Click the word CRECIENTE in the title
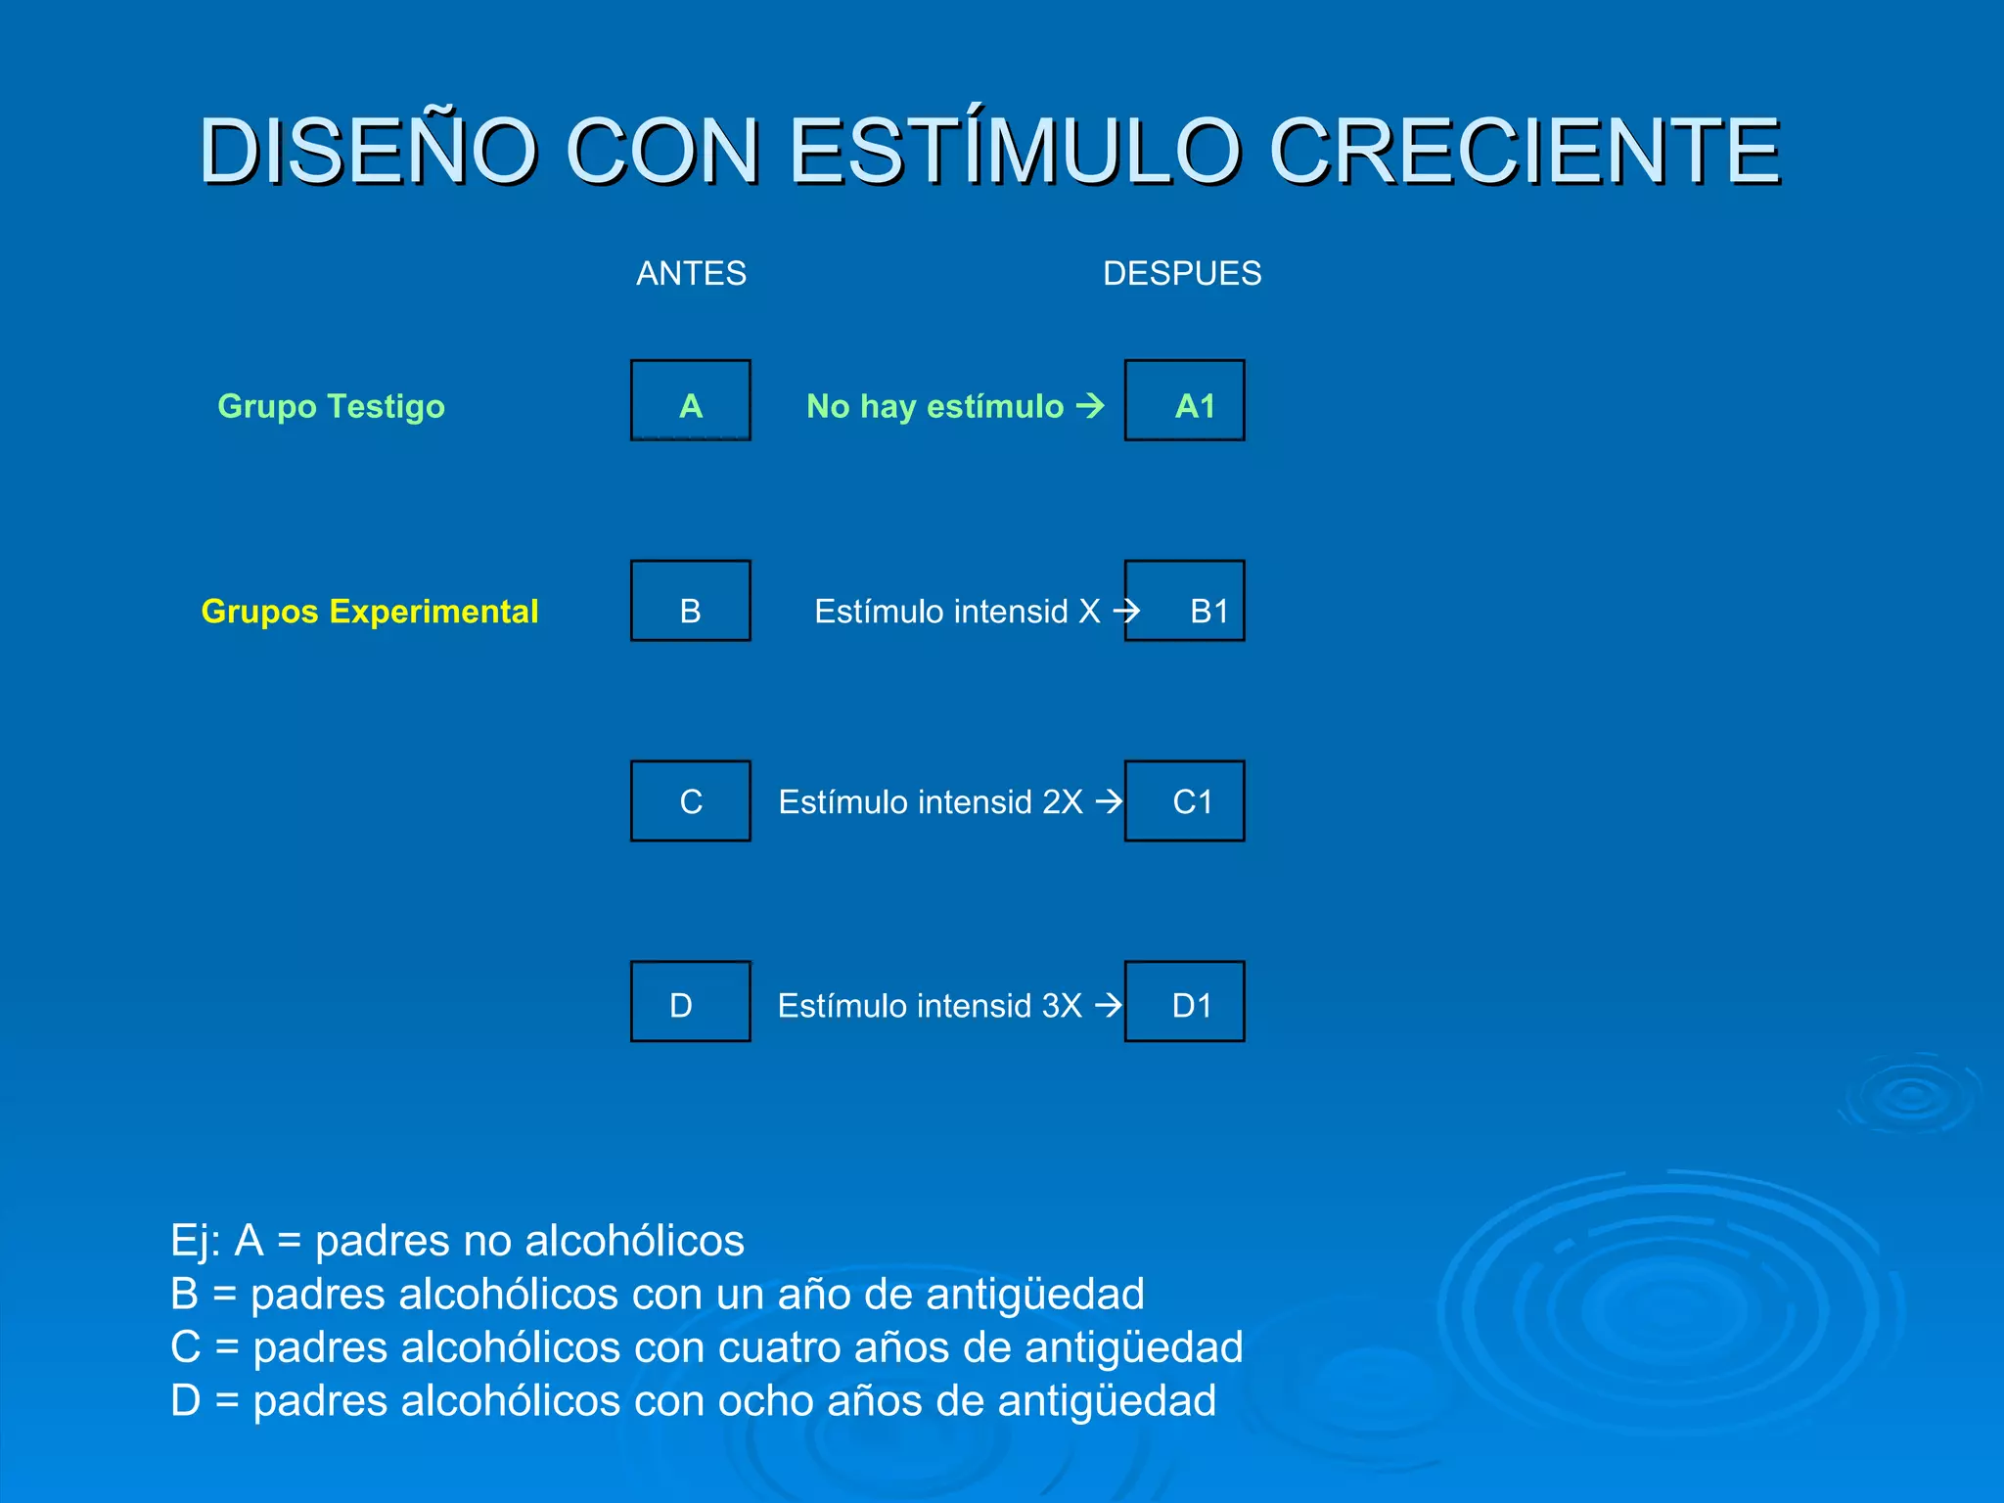coord(1524,151)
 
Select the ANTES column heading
coord(691,273)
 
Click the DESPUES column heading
coord(1181,273)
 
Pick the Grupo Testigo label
coord(331,406)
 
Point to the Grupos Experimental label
coord(369,612)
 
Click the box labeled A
coord(691,400)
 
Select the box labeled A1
coord(1184,400)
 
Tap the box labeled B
coord(691,601)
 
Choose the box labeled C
coord(691,800)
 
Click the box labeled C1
coord(1184,800)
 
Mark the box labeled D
coord(691,1001)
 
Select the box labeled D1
coord(1184,1001)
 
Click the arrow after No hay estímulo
coord(1090,405)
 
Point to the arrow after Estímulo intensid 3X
coord(1108,1005)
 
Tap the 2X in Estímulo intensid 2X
coord(1062,802)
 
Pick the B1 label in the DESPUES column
coord(1208,612)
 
